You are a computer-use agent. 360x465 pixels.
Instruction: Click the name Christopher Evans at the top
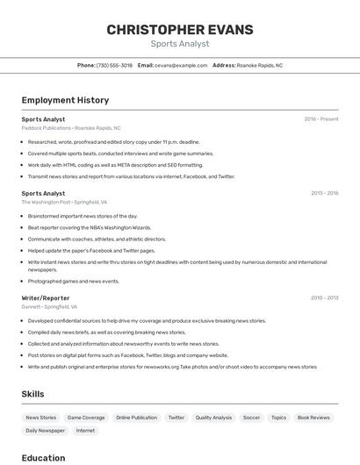click(x=179, y=29)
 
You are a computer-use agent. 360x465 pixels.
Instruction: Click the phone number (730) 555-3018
click(x=114, y=65)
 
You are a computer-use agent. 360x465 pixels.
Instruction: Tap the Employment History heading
click(x=65, y=100)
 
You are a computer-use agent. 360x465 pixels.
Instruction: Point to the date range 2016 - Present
click(x=320, y=118)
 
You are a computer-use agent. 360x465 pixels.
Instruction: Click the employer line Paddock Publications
click(x=71, y=127)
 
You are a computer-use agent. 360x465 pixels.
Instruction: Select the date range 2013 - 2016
click(x=324, y=193)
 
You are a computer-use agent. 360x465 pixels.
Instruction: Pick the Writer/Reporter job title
click(x=46, y=297)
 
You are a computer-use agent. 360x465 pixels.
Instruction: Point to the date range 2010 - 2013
click(x=324, y=297)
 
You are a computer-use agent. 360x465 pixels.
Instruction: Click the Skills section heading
click(x=32, y=394)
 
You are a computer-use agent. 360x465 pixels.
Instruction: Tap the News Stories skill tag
click(x=40, y=418)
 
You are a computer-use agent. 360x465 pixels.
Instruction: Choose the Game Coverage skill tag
click(x=86, y=418)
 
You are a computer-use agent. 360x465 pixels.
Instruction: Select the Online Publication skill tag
click(x=136, y=418)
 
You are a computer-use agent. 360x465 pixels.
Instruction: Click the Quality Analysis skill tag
click(x=213, y=418)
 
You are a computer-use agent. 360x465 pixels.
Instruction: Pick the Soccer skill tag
click(x=251, y=418)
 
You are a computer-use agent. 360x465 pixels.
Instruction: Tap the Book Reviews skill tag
click(x=313, y=418)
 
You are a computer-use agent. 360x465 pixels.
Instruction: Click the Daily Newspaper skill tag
click(x=45, y=431)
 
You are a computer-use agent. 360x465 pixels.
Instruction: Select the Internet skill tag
click(x=85, y=431)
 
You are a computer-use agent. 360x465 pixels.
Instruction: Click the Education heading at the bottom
click(x=43, y=457)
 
